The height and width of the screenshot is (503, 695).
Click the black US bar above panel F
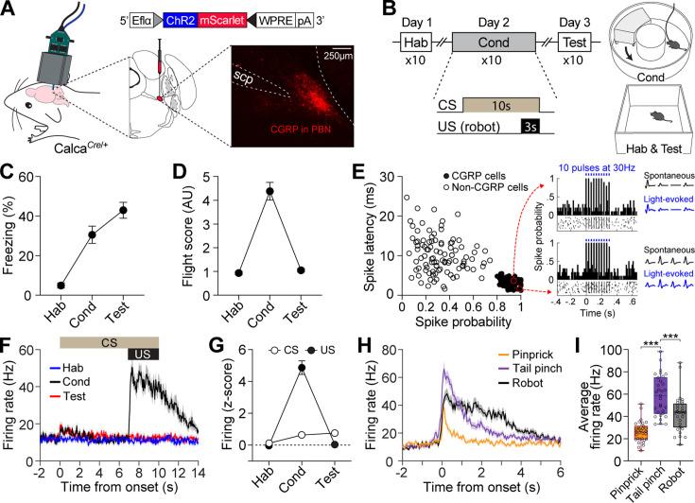(143, 354)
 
